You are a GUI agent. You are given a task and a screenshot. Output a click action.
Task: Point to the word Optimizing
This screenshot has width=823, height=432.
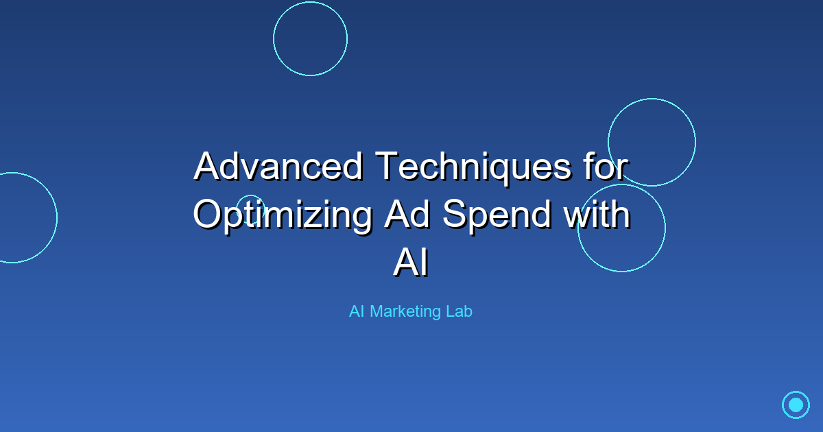tap(282, 215)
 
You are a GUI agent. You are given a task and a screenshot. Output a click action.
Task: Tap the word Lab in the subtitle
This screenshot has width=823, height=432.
tap(460, 311)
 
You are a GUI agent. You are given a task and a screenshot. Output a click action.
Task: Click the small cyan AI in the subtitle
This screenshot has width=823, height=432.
tap(356, 311)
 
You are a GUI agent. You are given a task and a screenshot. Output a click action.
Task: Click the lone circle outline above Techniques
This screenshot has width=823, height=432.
tap(310, 38)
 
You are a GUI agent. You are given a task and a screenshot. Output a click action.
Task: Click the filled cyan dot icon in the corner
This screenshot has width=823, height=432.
tap(796, 405)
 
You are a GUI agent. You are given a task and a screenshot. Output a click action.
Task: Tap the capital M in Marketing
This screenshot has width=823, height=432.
tap(377, 311)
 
